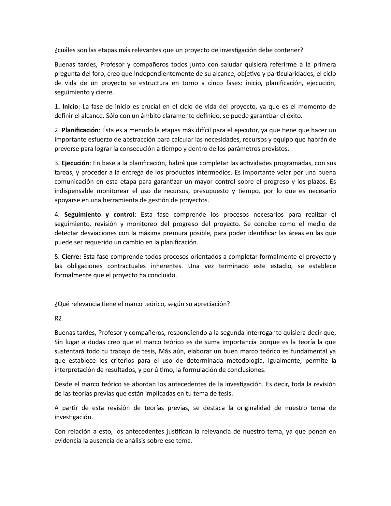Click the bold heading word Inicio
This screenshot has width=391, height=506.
click(70, 107)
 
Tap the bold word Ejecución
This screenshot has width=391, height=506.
click(75, 163)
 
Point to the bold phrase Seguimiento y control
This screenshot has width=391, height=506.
click(99, 215)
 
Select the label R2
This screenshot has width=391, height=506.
click(58, 318)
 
